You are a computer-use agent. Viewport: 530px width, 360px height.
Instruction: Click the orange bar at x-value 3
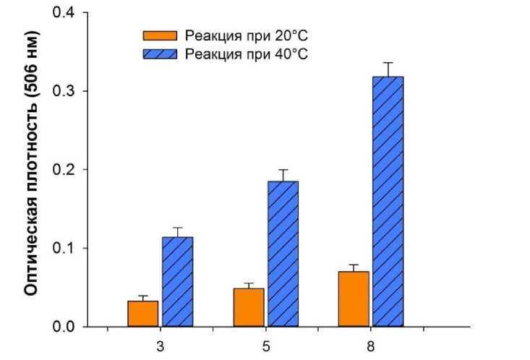click(142, 314)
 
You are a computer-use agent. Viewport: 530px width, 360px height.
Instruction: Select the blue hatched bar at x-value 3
click(177, 282)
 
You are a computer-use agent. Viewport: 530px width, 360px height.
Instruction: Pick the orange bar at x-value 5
click(249, 308)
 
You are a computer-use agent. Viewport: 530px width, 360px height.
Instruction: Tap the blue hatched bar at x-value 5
click(283, 254)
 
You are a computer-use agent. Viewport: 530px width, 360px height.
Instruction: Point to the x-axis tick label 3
click(159, 346)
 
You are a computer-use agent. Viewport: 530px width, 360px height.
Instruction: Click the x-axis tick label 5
click(265, 346)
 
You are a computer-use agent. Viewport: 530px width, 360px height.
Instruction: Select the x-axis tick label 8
click(372, 346)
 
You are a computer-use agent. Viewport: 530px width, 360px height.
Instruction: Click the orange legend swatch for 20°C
click(161, 35)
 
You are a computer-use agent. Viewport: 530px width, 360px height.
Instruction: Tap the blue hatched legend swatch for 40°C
click(161, 54)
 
